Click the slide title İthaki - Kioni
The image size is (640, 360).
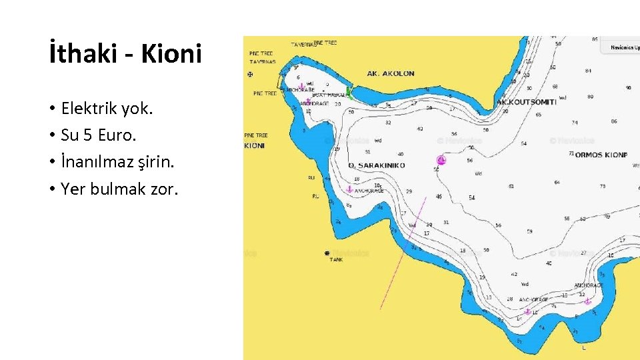click(x=125, y=54)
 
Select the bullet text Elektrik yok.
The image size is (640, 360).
click(x=107, y=109)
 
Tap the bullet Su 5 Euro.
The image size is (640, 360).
click(x=98, y=135)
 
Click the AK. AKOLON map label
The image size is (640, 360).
click(x=391, y=73)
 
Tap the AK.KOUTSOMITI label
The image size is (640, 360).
click(x=526, y=102)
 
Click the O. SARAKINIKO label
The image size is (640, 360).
click(x=377, y=165)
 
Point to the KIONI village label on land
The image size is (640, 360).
click(x=254, y=145)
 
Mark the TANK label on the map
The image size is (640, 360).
click(x=337, y=260)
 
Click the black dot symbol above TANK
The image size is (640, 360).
click(x=327, y=253)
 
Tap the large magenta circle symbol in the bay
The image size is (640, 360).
click(x=441, y=160)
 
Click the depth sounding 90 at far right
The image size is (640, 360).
click(x=628, y=87)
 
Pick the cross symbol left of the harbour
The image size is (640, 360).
click(x=250, y=75)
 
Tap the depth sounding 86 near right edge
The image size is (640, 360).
click(x=614, y=121)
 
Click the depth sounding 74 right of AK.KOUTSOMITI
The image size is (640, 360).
click(x=575, y=123)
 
